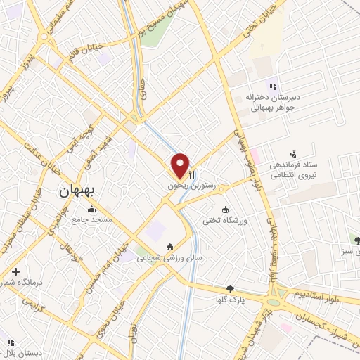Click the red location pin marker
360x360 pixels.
coord(180,165)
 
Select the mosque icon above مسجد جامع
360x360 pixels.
coord(91,209)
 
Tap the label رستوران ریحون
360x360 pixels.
coord(190,186)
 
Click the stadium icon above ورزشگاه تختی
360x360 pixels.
coord(225,210)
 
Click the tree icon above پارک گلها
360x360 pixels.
coord(229,288)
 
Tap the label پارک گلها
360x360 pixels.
coord(229,300)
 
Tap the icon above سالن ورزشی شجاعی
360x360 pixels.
coord(169,247)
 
